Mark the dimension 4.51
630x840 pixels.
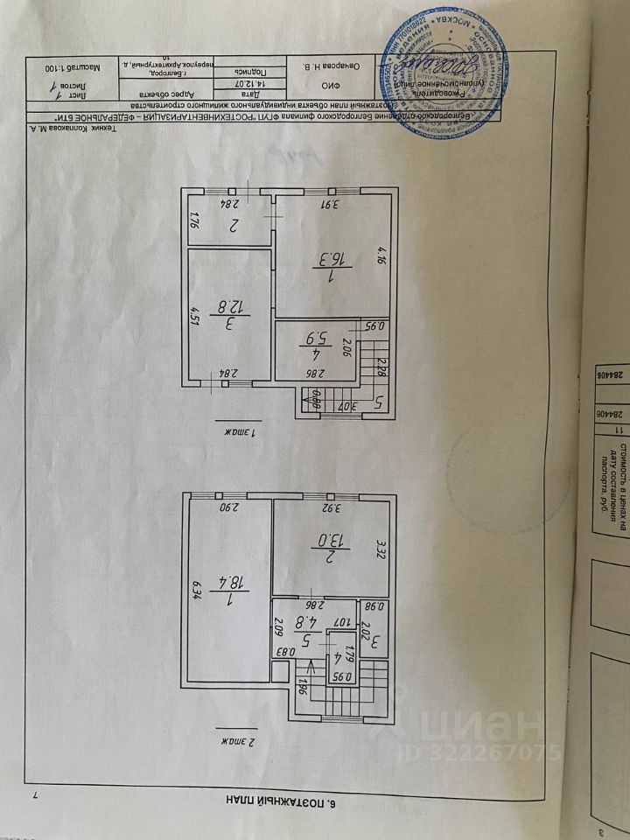click(194, 312)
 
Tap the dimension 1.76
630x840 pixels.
click(194, 220)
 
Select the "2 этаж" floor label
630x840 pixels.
click(230, 741)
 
